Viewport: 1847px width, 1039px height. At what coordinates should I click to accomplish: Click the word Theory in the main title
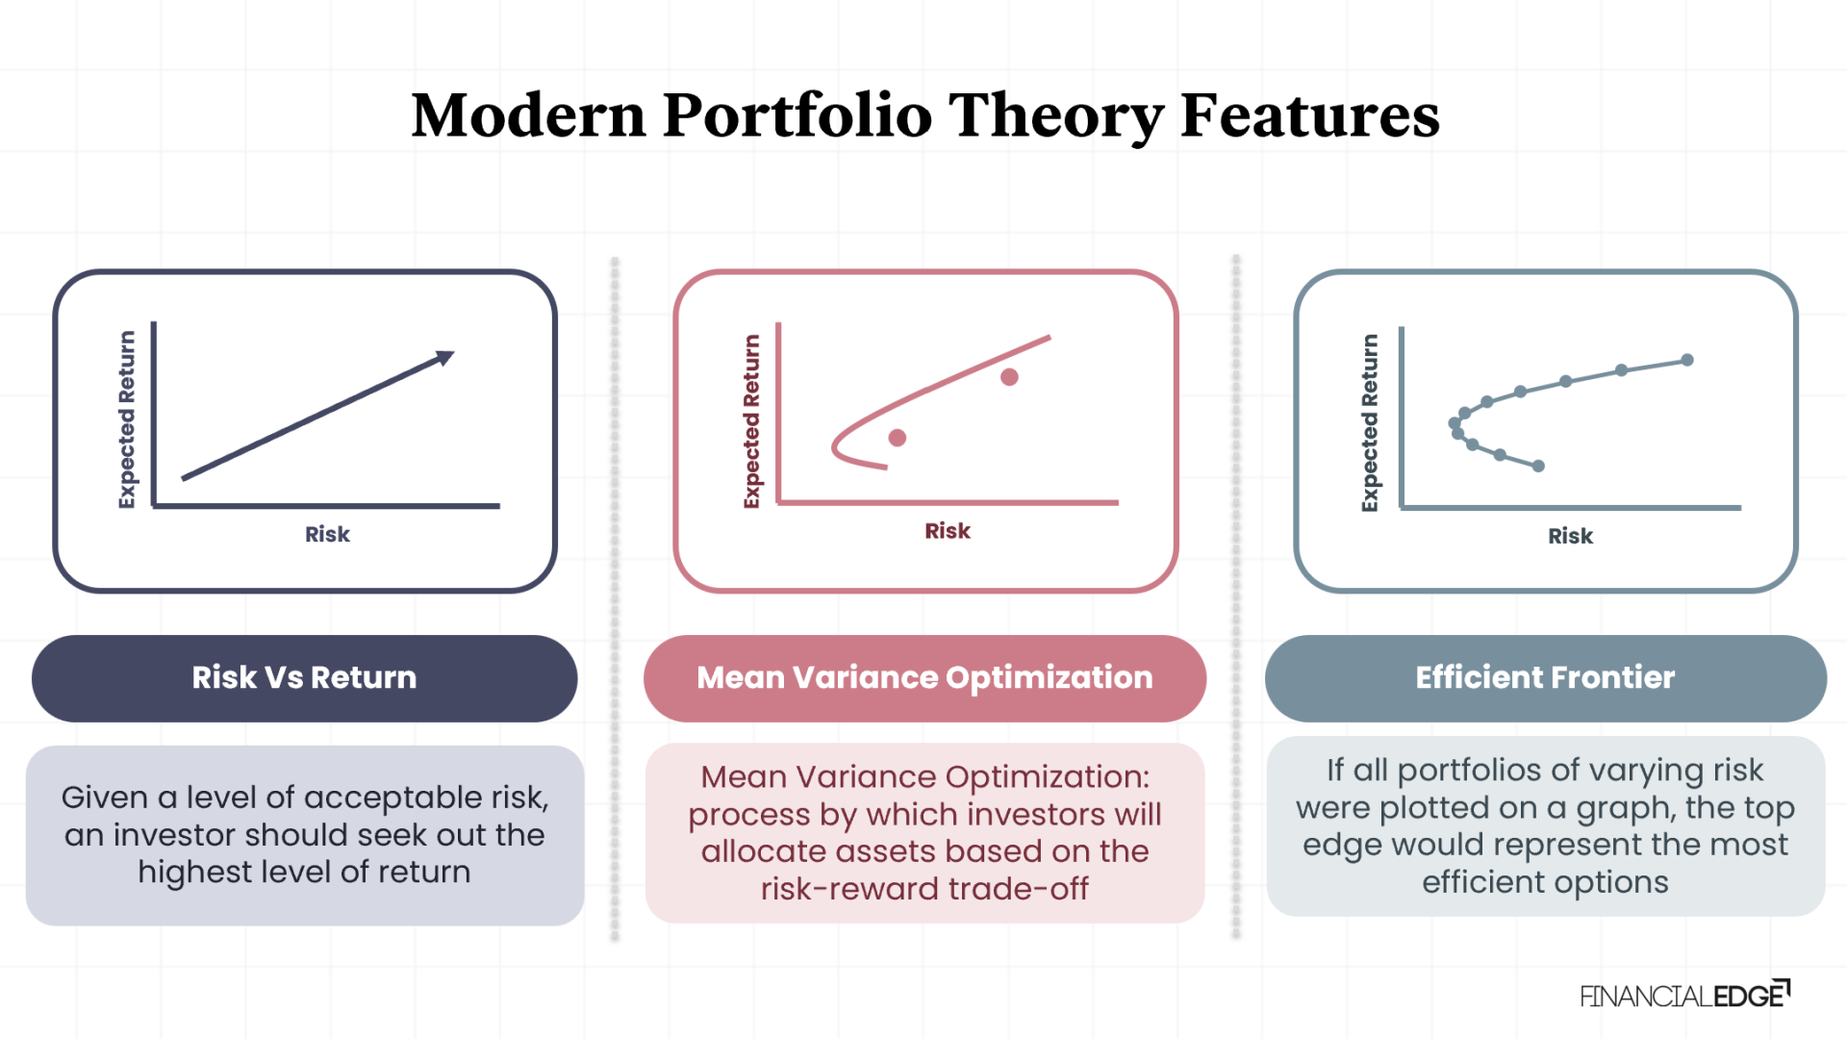point(1056,115)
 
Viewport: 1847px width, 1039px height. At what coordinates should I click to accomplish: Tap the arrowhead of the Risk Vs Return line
point(444,358)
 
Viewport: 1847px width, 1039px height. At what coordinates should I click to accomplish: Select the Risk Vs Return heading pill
point(304,678)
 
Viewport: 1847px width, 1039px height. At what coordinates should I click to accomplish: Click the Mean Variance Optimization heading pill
point(924,678)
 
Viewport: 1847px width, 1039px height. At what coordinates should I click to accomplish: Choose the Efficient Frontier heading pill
point(1545,678)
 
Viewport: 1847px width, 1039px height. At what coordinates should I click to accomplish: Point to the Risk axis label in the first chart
point(327,535)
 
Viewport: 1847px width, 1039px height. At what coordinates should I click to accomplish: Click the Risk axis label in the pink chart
point(948,531)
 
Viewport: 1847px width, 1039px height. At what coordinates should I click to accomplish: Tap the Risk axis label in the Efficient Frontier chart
point(1570,537)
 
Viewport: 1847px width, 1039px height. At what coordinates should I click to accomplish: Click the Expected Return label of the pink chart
point(751,421)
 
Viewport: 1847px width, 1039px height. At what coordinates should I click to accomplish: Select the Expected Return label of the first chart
point(127,419)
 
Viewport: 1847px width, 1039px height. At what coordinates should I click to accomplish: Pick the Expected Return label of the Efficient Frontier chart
point(1370,423)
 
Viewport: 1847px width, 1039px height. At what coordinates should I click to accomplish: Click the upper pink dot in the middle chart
point(1009,377)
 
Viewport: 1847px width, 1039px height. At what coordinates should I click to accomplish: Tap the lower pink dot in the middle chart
point(898,438)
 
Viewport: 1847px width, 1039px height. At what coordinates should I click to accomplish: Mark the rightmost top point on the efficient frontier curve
point(1687,360)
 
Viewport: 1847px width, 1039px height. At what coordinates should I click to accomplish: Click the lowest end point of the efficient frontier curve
point(1538,466)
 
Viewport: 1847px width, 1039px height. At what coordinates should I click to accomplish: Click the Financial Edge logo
point(1684,996)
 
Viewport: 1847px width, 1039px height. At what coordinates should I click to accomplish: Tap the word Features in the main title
point(1309,115)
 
